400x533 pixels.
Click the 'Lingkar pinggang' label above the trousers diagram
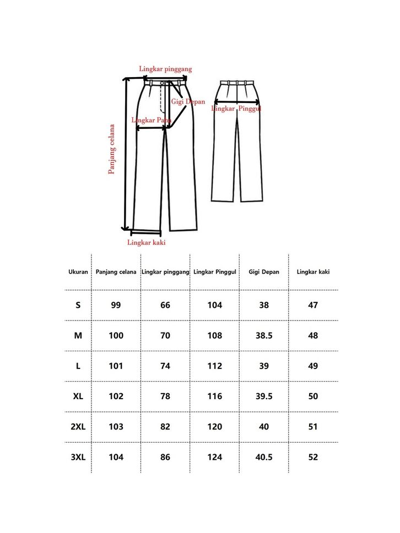point(165,69)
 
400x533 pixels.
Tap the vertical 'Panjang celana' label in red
point(112,149)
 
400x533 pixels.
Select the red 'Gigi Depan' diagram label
point(188,102)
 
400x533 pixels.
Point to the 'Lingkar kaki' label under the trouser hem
point(146,242)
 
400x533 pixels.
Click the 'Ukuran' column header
point(78,272)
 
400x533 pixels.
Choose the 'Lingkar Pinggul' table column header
point(215,272)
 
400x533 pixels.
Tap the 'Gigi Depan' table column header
point(264,272)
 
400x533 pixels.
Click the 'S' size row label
point(78,305)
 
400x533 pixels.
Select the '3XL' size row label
point(78,457)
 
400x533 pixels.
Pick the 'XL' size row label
point(78,396)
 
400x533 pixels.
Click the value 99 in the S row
point(116,305)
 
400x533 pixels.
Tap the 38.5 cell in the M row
point(264,335)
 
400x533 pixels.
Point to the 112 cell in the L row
point(215,366)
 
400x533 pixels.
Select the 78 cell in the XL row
point(165,396)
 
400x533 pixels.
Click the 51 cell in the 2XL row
point(313,427)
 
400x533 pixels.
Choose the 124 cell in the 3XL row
point(215,457)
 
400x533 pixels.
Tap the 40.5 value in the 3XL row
point(264,457)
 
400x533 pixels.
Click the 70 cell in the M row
point(165,335)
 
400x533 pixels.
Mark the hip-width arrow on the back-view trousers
point(237,102)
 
